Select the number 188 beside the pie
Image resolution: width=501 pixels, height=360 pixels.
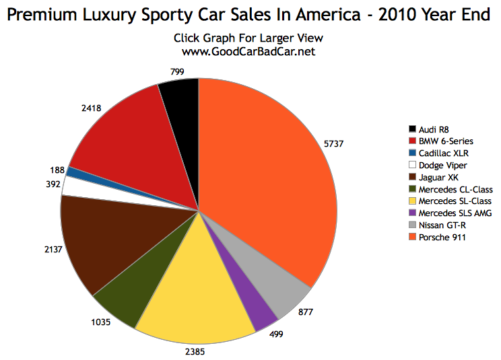[x=58, y=170]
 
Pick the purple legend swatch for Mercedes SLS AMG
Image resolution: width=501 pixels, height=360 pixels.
[x=412, y=214]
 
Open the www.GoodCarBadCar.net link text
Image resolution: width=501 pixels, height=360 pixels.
[x=248, y=51]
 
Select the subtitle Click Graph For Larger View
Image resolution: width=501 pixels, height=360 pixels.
[x=248, y=38]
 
